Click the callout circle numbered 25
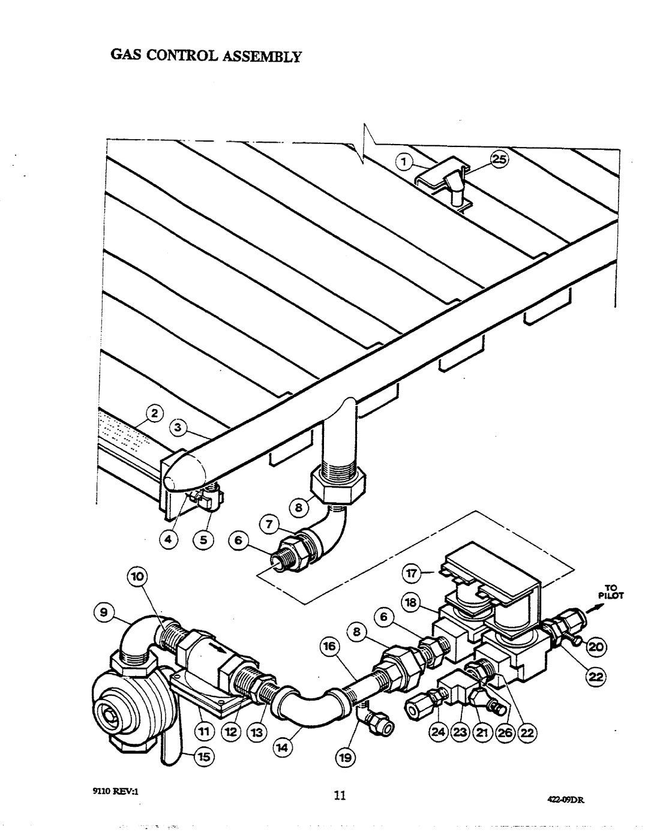point(499,160)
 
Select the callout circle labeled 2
point(154,414)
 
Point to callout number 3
point(178,428)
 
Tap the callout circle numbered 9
point(103,613)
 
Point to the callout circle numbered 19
point(345,758)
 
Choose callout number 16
point(330,646)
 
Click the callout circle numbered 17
point(412,574)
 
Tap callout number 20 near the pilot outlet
point(596,646)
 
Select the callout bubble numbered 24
point(439,732)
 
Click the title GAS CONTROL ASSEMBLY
point(205,56)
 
